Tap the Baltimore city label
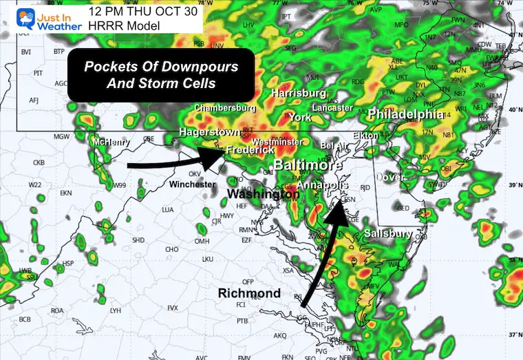coord(308,165)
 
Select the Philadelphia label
coord(406,114)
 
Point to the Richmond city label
coord(249,294)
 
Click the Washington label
coord(264,195)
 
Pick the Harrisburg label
coord(298,93)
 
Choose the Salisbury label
coord(388,234)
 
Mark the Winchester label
coord(193,184)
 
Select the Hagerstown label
coord(210,131)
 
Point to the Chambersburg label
coord(225,108)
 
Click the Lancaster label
coord(332,108)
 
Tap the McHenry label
coord(110,142)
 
